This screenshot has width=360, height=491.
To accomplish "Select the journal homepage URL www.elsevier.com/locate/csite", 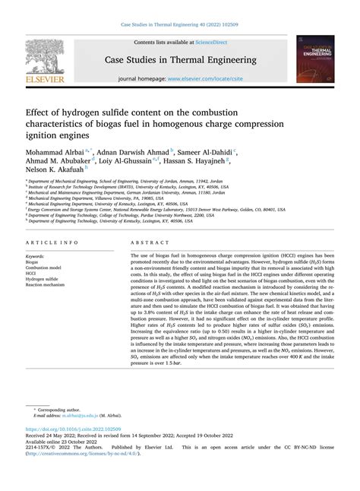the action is pyautogui.click(x=205, y=79).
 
